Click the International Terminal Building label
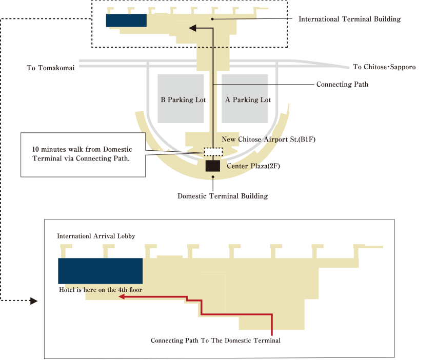coord(349,19)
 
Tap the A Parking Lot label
coord(248,100)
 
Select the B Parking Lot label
coord(183,100)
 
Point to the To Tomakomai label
coord(50,67)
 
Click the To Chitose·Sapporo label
coord(384,67)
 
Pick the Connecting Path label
coord(342,84)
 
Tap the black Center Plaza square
coord(212,166)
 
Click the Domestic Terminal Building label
coord(223,196)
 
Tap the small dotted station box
coord(213,151)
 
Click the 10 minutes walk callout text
coord(82,153)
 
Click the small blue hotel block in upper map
coord(126,20)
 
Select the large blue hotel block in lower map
coord(100,271)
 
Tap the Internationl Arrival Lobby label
coord(96,236)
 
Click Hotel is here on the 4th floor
coord(101,290)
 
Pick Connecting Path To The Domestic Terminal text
coord(215,340)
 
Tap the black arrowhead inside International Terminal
coord(193,29)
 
